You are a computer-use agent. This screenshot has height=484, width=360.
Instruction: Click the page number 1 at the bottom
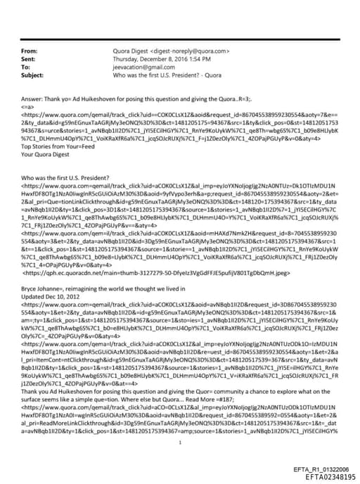[181, 423]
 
